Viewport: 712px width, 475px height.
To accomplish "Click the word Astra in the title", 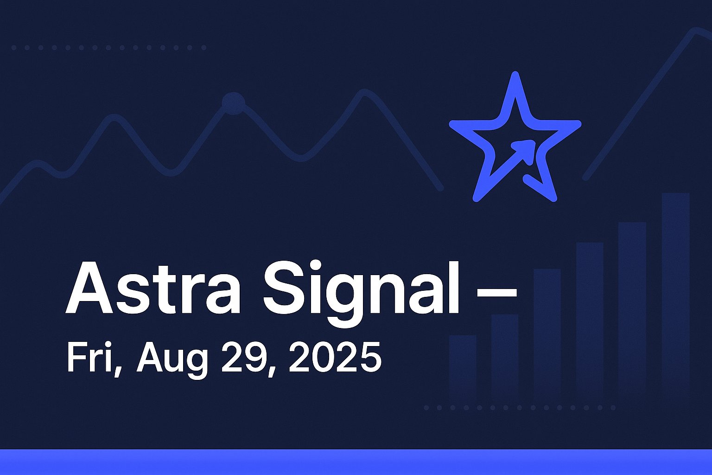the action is pyautogui.click(x=153, y=287).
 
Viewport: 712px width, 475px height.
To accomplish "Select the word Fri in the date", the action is pyautogui.click(x=90, y=357).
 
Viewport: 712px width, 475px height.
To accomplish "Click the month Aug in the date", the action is pyautogui.click(x=172, y=360).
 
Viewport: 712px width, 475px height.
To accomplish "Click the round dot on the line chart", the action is pyautogui.click(x=234, y=103).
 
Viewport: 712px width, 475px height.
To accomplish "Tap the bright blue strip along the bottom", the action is pyautogui.click(x=356, y=462).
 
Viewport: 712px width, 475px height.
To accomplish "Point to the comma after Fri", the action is pyautogui.click(x=118, y=371).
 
